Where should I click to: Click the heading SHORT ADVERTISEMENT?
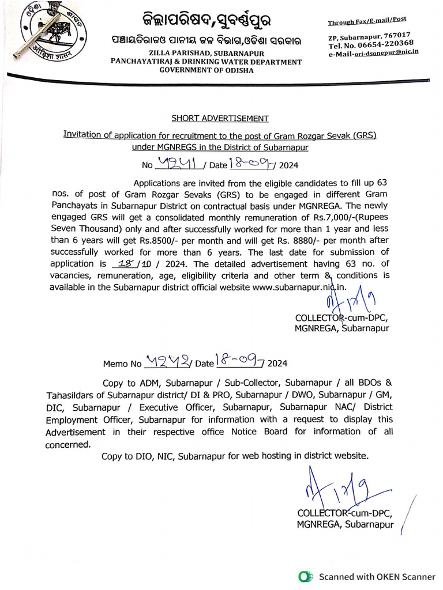point(220,119)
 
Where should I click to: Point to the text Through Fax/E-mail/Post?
point(367,21)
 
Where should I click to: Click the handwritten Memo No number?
point(167,362)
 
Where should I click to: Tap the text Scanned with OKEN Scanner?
point(377,576)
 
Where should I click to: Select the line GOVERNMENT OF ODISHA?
point(206,70)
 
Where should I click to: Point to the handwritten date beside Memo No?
point(238,362)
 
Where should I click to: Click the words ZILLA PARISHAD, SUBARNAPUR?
point(206,53)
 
